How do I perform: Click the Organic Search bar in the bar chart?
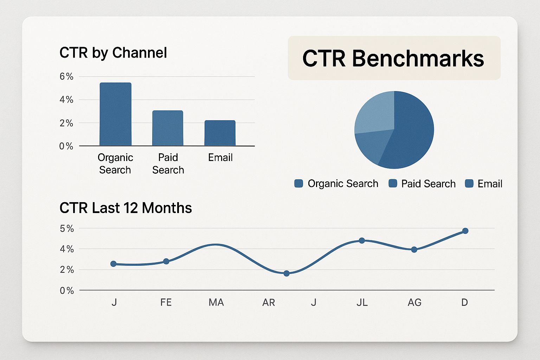pos(115,114)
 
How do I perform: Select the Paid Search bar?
pos(168,128)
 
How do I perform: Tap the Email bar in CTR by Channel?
pos(220,133)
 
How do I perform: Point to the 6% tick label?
pos(66,77)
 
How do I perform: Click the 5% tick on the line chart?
pos(67,229)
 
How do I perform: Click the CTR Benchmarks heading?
pos(393,58)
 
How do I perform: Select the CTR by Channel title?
pos(113,53)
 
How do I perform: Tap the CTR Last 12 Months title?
pos(126,208)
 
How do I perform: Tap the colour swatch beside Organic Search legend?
pos(298,183)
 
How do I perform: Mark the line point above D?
pos(465,231)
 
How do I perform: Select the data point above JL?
pos(362,240)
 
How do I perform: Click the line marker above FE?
pos(166,262)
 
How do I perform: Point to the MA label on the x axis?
pos(216,302)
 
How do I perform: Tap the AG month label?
pos(414,302)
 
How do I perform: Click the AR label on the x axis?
pos(269,302)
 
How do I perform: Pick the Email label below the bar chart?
pos(220,157)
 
